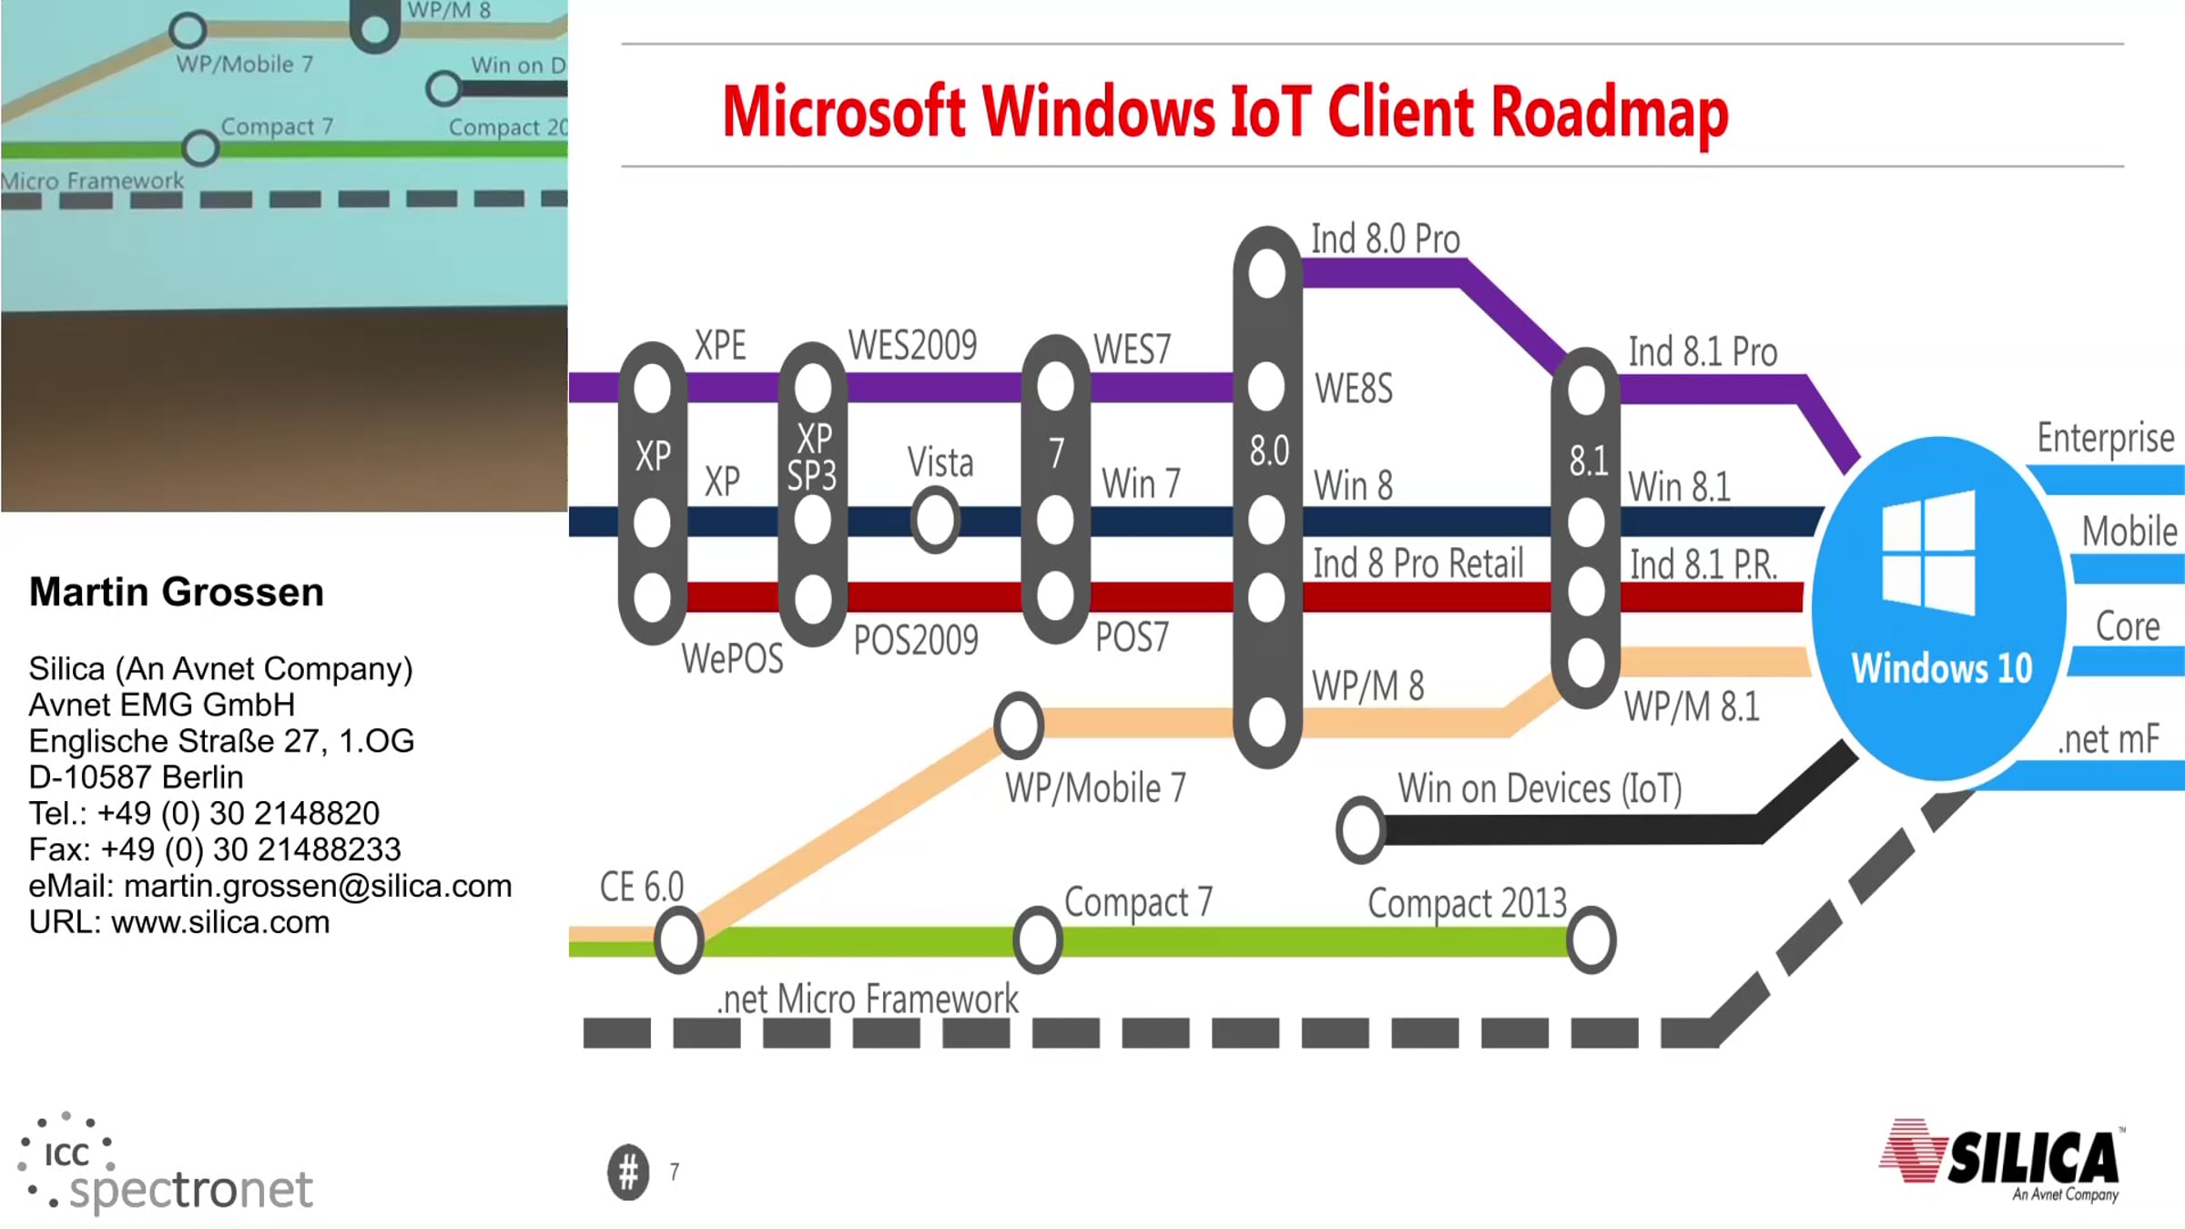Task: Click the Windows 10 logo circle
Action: pyautogui.click(x=1939, y=608)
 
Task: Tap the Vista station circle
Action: pyautogui.click(x=935, y=520)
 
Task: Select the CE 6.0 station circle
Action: pyautogui.click(x=679, y=939)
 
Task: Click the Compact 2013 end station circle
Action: pyautogui.click(x=1590, y=940)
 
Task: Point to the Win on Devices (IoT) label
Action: pyautogui.click(x=1540, y=788)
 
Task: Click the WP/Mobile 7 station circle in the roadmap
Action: pyautogui.click(x=1019, y=726)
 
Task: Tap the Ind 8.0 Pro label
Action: pyautogui.click(x=1385, y=239)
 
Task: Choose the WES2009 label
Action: pyautogui.click(x=912, y=346)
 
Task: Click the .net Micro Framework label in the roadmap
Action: pyautogui.click(x=868, y=999)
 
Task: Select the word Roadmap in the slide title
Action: pyautogui.click(x=1609, y=113)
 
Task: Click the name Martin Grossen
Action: pyautogui.click(x=177, y=592)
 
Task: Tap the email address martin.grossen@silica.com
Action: pyautogui.click(x=318, y=886)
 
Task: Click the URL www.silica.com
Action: pyautogui.click(x=220, y=922)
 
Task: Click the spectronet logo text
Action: pyautogui.click(x=190, y=1189)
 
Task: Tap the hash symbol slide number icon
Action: pyautogui.click(x=628, y=1173)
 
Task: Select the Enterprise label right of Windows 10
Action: pyautogui.click(x=2105, y=439)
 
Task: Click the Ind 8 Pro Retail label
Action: pyautogui.click(x=1418, y=564)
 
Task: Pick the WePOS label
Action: pyautogui.click(x=732, y=658)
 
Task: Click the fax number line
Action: pyautogui.click(x=215, y=849)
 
